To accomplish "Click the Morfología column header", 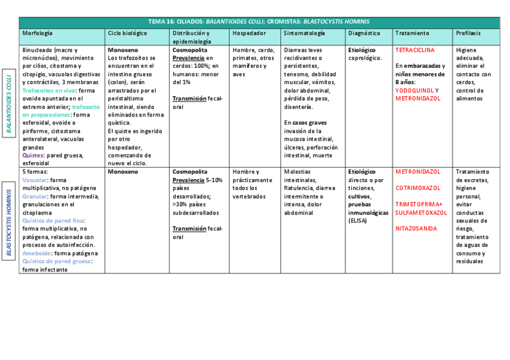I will (37, 34).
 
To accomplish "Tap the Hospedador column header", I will (249, 34).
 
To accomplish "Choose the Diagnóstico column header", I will (364, 34).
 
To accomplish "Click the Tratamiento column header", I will (412, 34).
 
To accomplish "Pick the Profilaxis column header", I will (469, 34).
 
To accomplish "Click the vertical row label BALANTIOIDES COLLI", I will (9, 103).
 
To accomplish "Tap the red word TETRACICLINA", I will (415, 50).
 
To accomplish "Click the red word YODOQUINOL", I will (413, 91).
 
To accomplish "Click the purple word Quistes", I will (32, 156).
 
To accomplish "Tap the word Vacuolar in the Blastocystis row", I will (34, 180).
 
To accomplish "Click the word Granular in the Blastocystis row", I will (34, 196).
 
